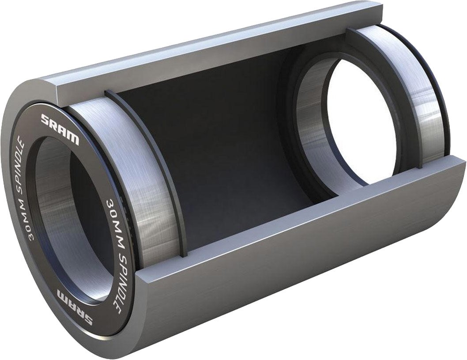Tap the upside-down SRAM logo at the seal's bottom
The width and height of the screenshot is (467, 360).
point(75,307)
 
